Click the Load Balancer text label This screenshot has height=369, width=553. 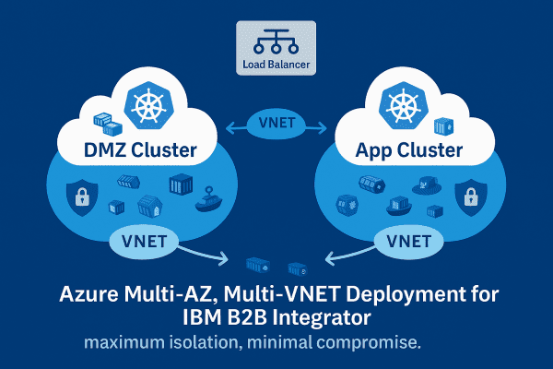coord(276,65)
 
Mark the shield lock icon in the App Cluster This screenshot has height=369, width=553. coord(471,196)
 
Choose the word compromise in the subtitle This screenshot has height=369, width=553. coord(370,343)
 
